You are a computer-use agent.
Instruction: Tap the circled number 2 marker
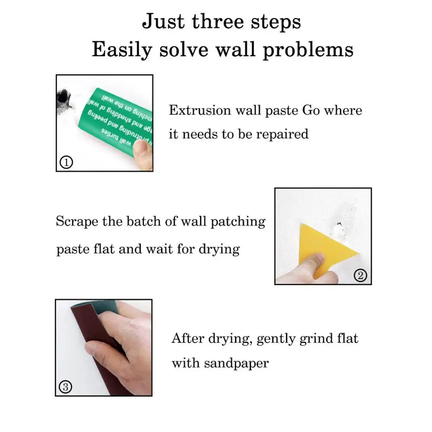(x=361, y=275)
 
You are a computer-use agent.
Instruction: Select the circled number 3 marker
(x=65, y=387)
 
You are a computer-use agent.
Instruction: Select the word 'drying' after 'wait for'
(x=219, y=250)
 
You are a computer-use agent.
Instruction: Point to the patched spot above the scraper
(x=339, y=227)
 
